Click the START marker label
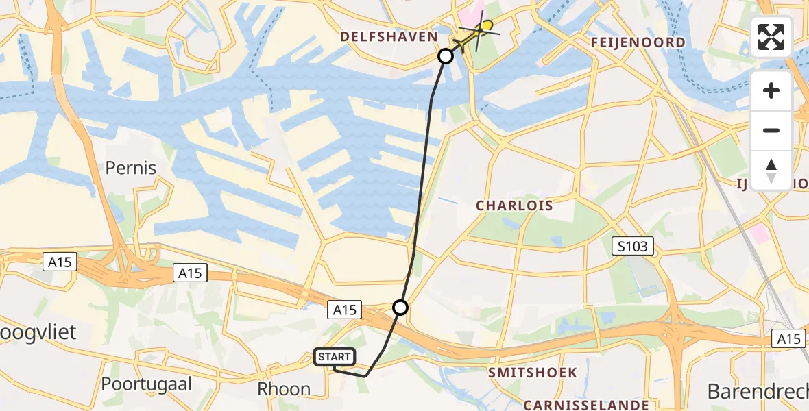tap(334, 356)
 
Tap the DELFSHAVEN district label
tap(389, 36)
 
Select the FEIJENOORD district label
tap(638, 42)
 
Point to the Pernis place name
tap(131, 168)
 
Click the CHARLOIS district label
tap(514, 206)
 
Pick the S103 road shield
tap(632, 247)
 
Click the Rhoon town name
tap(284, 389)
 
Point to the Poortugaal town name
tap(147, 384)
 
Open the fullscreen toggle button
tap(771, 37)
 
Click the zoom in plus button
tap(771, 90)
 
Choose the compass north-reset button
tap(771, 170)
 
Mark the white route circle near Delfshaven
tap(446, 56)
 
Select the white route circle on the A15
tap(400, 308)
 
